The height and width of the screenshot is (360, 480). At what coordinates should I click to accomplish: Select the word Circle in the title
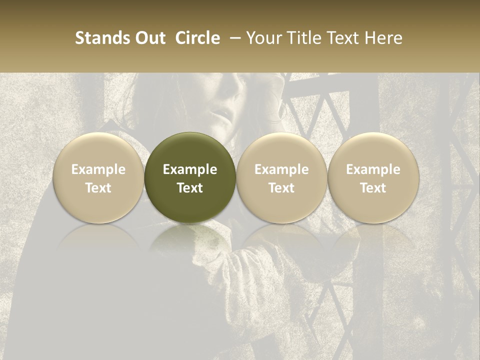click(197, 38)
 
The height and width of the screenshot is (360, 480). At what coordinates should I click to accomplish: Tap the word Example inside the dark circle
click(190, 169)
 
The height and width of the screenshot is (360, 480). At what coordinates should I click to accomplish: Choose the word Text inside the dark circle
click(190, 188)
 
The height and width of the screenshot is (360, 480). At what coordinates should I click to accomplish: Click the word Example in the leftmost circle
click(98, 169)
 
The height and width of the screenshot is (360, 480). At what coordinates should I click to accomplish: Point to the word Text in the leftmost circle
click(98, 188)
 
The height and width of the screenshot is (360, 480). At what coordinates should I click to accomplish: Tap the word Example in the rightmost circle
click(373, 169)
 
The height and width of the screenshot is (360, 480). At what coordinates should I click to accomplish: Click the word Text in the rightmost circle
click(373, 188)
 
